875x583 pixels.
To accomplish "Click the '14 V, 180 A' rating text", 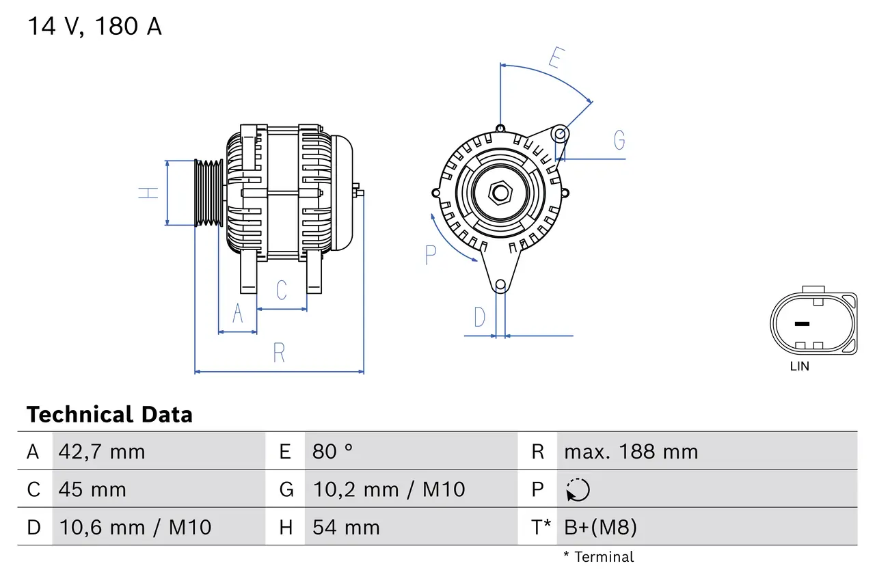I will click(94, 27).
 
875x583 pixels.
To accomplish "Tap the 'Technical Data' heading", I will click(109, 414).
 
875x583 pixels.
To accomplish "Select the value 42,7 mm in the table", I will click(102, 452).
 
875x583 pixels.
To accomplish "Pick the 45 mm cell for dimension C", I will click(92, 489).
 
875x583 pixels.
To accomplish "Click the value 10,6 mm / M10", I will click(135, 527).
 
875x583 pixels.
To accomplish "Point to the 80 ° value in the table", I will click(333, 452).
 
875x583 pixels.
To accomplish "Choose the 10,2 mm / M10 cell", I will click(388, 489).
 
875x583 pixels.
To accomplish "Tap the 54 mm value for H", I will click(345, 527).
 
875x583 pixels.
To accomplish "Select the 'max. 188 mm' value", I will click(631, 452).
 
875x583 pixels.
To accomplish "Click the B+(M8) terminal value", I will click(600, 527).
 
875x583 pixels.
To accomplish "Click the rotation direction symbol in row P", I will click(578, 489).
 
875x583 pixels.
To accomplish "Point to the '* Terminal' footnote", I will click(598, 557).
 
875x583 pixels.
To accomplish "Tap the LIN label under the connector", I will click(799, 366).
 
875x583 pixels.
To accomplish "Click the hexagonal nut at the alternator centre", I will click(500, 193).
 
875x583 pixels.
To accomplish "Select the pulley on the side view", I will click(208, 193).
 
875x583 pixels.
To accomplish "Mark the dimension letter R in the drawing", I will click(279, 353).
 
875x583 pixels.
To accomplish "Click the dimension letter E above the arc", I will click(555, 59).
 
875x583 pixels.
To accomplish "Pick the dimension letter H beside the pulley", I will click(148, 193).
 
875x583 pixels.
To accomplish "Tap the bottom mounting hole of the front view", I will click(500, 284).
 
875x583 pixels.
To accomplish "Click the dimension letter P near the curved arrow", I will click(430, 255).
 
